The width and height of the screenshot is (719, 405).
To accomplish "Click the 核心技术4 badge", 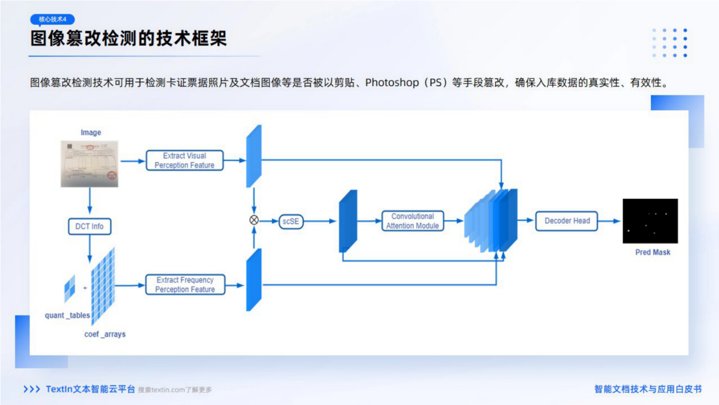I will point(53,19).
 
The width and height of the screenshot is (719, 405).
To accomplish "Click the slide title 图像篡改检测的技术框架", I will point(128,38).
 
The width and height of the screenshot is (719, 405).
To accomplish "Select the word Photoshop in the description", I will point(392,83).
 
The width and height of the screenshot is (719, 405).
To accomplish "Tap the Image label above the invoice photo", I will point(91,132).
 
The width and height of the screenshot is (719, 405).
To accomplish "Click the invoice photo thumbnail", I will point(89,164).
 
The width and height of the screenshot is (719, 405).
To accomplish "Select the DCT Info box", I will point(89,226).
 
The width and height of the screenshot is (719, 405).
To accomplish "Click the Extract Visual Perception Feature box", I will point(185,160).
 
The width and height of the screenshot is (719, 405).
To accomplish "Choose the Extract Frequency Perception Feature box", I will point(185,285).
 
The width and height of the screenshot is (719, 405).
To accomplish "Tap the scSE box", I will point(291,221).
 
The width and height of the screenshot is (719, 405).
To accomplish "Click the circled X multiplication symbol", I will point(254,220).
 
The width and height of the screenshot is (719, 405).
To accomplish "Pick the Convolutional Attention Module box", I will point(412,221).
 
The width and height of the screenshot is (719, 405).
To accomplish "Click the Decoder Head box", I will point(567,221).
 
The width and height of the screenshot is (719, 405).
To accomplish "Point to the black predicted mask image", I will point(650,221).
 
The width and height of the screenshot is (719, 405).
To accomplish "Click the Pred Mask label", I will point(653,252).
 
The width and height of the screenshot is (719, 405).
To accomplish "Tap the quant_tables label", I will point(67,315).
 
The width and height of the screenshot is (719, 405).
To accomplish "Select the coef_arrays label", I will point(105,334).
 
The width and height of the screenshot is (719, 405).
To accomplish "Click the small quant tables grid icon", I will point(69,289).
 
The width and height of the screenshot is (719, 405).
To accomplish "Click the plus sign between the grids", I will point(85,288).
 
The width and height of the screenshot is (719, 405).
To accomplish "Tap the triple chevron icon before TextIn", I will point(32,389).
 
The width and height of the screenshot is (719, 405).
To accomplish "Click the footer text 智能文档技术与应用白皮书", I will point(648,389).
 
